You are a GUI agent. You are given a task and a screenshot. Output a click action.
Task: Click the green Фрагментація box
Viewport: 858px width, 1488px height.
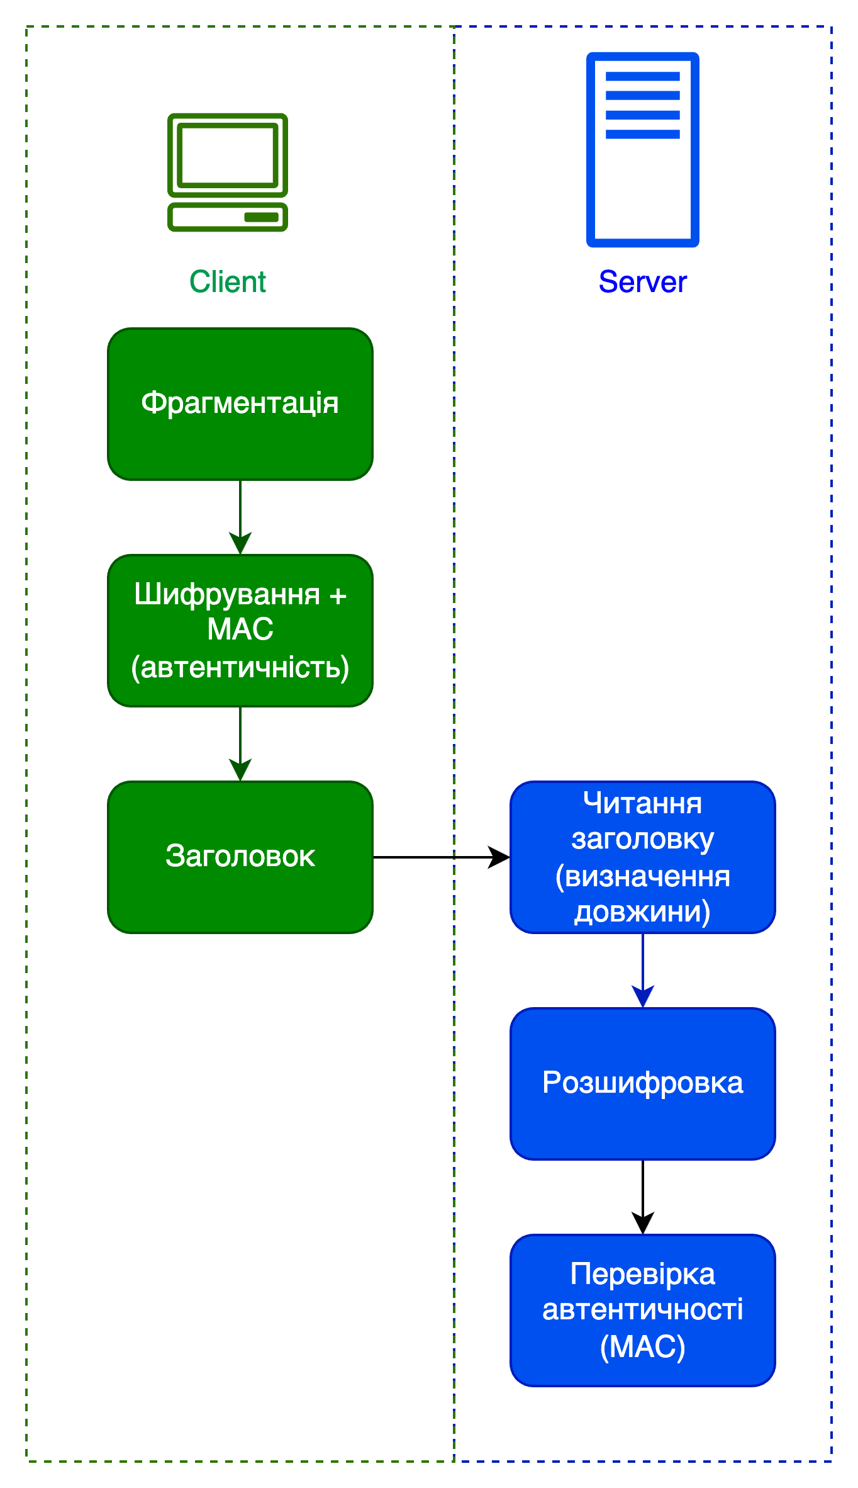[x=240, y=404]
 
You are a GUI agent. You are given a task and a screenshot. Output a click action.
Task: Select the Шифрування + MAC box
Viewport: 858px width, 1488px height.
[x=240, y=631]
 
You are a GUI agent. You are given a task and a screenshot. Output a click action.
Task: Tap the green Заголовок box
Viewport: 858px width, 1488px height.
[x=240, y=857]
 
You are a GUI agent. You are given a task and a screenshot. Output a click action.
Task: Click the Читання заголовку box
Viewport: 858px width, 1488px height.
[x=642, y=857]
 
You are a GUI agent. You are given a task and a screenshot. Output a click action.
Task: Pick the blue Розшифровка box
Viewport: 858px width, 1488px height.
[x=642, y=1083]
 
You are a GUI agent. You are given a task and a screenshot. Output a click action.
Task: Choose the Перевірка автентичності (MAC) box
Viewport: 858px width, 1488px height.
[x=642, y=1310]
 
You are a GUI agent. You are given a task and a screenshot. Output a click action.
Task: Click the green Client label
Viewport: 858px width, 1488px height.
[x=228, y=281]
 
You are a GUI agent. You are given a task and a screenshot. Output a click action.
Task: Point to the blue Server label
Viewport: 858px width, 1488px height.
[x=642, y=281]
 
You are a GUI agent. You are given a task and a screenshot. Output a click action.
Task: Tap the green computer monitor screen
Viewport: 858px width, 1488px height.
[x=228, y=154]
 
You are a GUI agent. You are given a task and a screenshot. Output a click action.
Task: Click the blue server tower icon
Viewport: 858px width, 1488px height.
[x=642, y=150]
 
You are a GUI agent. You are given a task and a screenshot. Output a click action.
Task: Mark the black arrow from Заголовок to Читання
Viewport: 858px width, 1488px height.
[x=440, y=857]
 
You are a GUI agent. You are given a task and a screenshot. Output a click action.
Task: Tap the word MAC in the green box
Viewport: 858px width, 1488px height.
[x=240, y=629]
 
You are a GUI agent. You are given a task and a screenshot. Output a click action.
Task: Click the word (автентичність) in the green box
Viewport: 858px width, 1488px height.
[x=240, y=667]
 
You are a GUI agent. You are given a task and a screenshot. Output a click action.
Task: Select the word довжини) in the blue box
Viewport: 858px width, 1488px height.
[x=642, y=911]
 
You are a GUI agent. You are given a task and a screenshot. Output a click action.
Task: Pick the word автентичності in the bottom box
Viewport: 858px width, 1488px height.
[x=642, y=1309]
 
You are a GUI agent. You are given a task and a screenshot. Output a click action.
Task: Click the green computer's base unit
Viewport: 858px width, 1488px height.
[x=228, y=217]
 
